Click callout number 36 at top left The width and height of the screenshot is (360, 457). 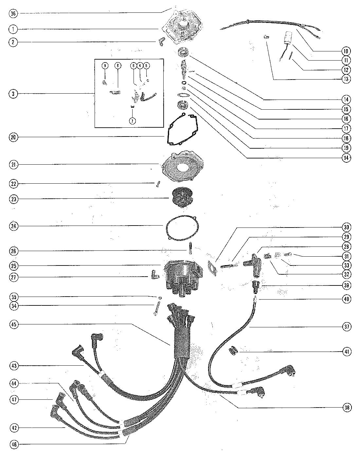(13, 13)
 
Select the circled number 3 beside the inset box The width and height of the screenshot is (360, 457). (13, 94)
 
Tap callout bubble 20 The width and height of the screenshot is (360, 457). (13, 137)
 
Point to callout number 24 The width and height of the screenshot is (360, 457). (13, 226)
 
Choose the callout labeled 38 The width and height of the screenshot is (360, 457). (347, 408)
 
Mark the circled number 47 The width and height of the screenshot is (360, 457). (13, 400)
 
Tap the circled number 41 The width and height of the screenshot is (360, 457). (347, 352)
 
